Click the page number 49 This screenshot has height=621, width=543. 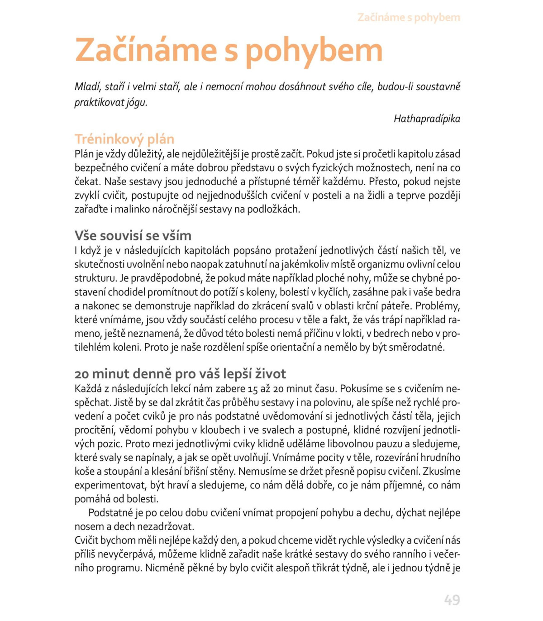point(452,600)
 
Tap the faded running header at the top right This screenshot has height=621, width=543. point(409,18)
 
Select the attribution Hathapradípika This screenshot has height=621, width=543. point(427,119)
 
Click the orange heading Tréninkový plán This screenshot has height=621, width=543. point(124,139)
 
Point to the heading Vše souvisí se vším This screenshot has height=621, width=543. point(133,236)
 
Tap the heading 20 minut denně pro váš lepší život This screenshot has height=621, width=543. point(180,374)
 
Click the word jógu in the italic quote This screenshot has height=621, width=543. point(136,103)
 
